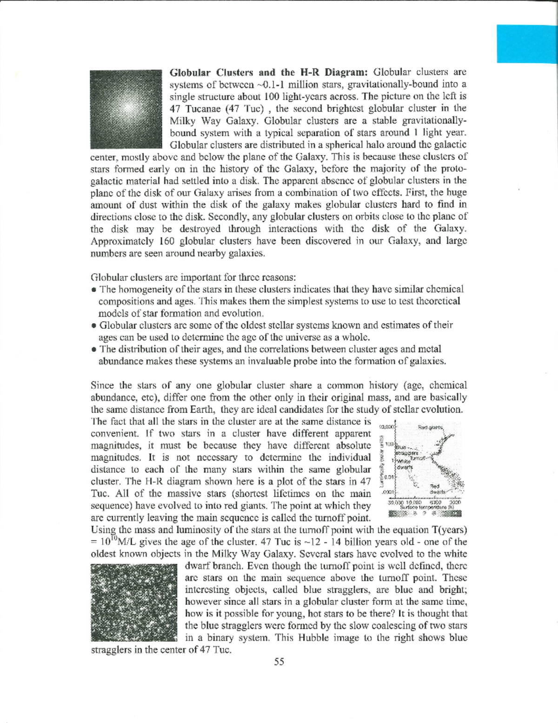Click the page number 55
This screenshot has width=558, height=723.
click(x=279, y=662)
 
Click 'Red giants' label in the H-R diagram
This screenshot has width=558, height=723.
click(x=431, y=427)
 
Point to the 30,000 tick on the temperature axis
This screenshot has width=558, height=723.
click(x=395, y=503)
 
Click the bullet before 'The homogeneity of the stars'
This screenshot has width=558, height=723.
click(x=94, y=290)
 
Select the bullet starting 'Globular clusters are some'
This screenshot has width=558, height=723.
click(x=94, y=326)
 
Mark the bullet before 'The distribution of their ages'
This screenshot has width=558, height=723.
click(x=94, y=350)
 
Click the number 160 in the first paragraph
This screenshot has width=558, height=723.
click(x=167, y=241)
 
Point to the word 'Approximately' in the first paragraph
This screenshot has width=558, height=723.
click(x=122, y=241)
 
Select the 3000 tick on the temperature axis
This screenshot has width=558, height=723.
click(x=454, y=503)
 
